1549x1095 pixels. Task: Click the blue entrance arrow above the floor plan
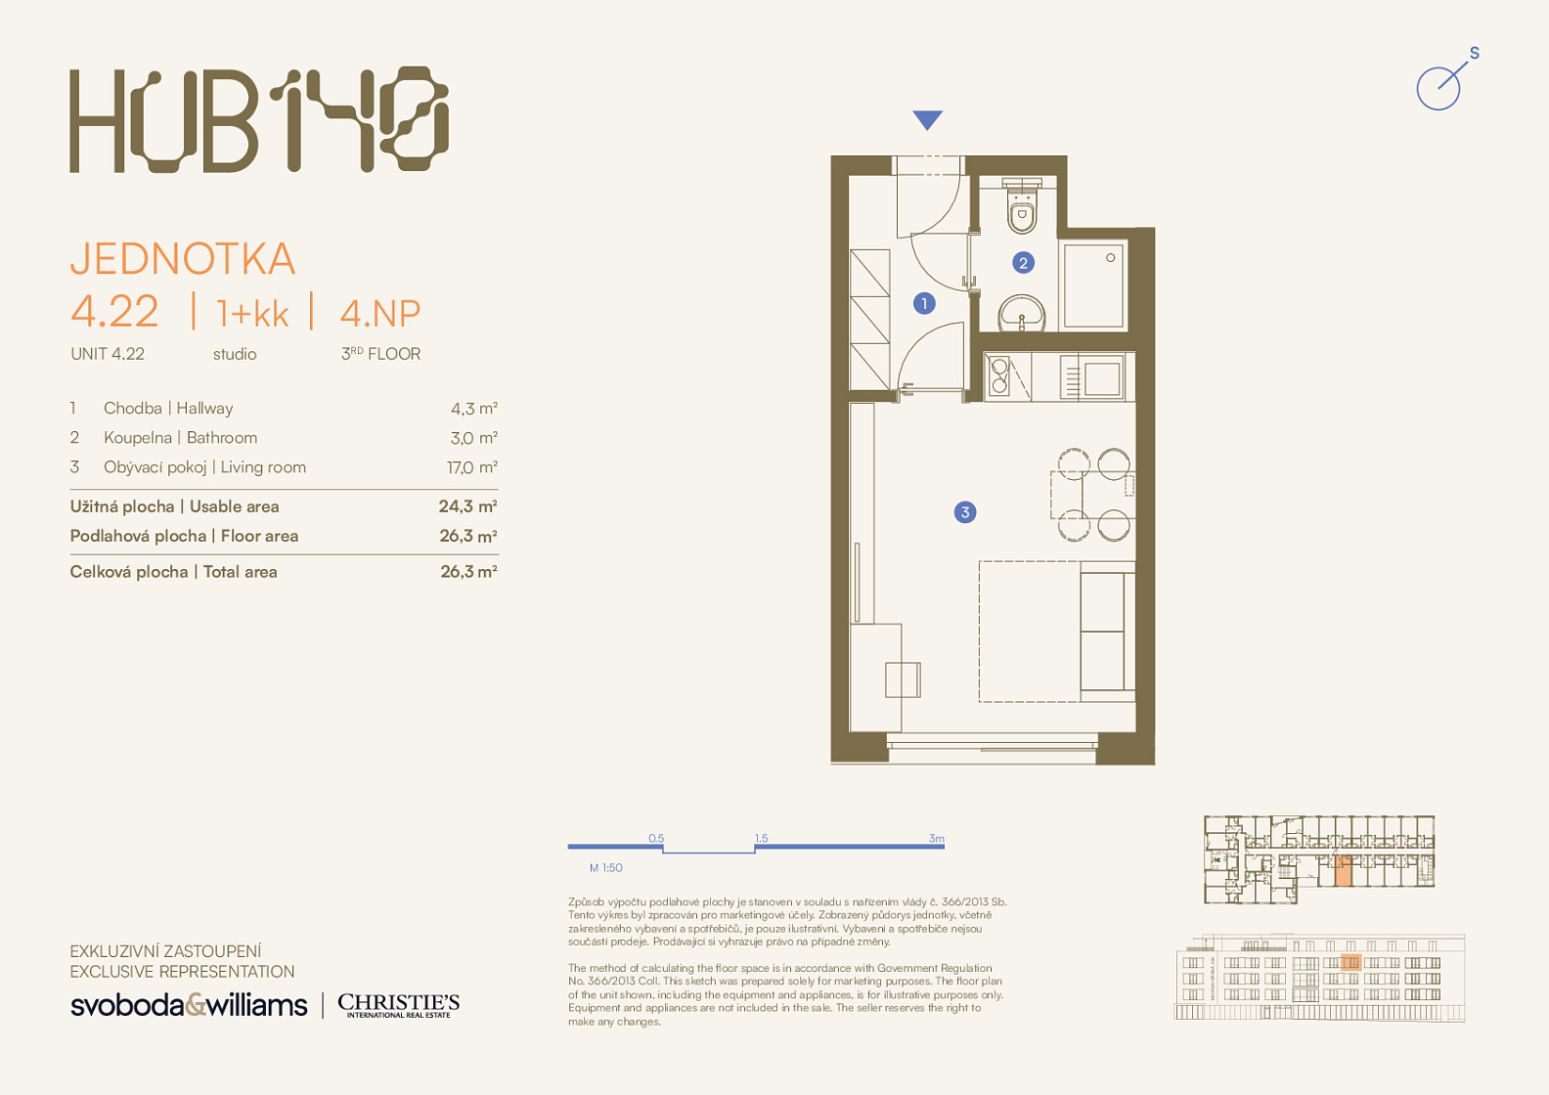click(927, 119)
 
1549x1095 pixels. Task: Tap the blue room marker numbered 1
click(924, 303)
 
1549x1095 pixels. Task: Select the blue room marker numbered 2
click(1023, 263)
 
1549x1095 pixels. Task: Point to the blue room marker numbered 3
click(965, 512)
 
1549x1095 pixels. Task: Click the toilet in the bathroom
click(1022, 206)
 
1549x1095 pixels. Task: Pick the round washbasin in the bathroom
click(1021, 314)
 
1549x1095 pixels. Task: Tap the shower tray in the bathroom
click(1093, 285)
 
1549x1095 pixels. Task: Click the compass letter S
click(1475, 53)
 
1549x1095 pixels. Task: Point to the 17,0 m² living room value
click(472, 467)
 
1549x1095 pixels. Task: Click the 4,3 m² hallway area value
click(474, 409)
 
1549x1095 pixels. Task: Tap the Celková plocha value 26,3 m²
click(468, 572)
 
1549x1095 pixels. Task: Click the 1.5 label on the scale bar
click(762, 838)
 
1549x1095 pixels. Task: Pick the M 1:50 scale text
click(605, 867)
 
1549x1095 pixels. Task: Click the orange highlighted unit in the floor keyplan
click(1343, 871)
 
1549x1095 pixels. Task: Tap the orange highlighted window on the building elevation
click(1350, 962)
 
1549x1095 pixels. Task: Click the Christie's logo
click(398, 1005)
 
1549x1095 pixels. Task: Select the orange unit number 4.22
click(114, 311)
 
